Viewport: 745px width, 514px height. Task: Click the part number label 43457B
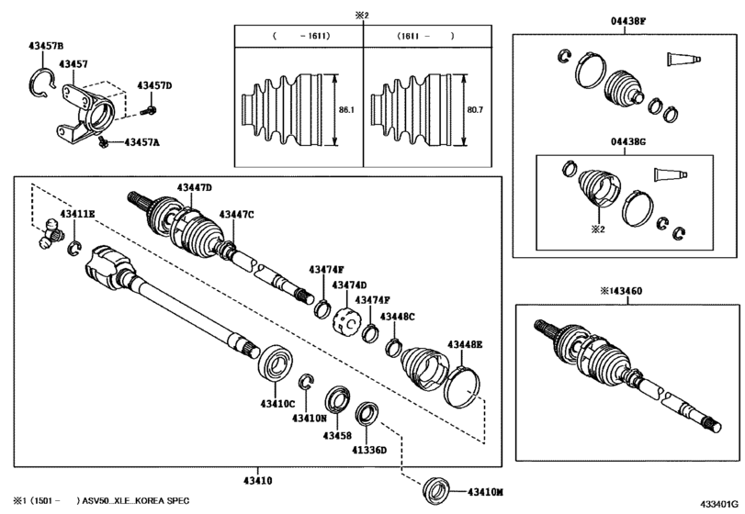click(46, 46)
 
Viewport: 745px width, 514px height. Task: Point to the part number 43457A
click(141, 142)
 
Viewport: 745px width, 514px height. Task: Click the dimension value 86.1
click(346, 110)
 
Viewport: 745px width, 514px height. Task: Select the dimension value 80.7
click(475, 110)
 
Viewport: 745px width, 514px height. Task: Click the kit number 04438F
click(628, 21)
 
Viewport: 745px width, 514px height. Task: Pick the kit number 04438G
click(628, 141)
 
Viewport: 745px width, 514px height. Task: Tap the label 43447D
click(195, 187)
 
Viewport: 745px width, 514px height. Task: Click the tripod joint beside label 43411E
click(51, 233)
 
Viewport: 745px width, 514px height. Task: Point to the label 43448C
click(397, 316)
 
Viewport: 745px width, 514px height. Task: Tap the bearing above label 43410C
click(275, 363)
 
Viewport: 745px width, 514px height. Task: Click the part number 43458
click(337, 436)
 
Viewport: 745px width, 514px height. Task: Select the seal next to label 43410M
click(436, 492)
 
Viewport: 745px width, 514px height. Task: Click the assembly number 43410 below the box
click(258, 481)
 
